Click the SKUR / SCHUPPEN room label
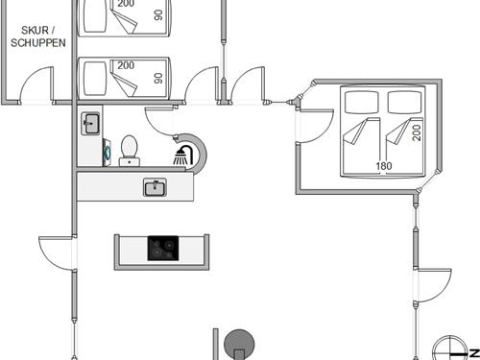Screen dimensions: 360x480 click(39, 37)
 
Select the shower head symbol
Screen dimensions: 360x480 click(180, 155)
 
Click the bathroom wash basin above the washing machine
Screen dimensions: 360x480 click(91, 123)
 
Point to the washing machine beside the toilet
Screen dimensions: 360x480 click(107, 152)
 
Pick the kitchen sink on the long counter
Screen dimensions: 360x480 click(155, 187)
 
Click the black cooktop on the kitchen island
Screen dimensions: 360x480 click(162, 249)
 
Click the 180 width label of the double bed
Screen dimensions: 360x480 click(384, 166)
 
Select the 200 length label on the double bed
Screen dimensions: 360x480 click(417, 131)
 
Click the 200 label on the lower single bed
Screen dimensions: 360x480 click(126, 65)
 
